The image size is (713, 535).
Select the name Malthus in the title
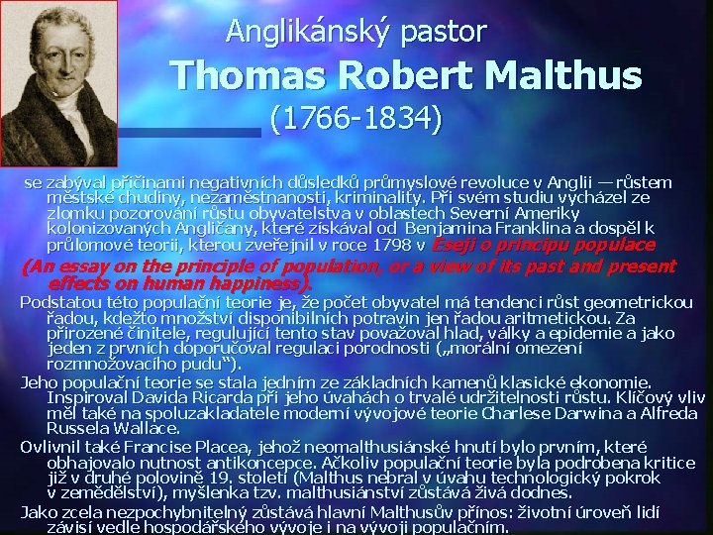563,75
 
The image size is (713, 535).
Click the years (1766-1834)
356,120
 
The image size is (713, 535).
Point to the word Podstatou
56,301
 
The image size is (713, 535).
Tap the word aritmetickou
564,317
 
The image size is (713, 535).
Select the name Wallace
147,428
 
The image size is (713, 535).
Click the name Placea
212,446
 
